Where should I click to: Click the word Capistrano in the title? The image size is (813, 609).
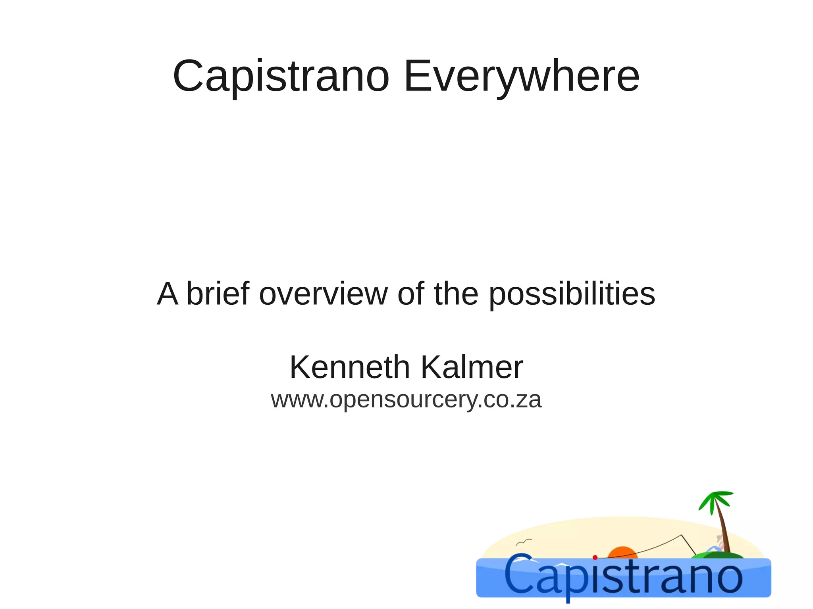click(x=281, y=76)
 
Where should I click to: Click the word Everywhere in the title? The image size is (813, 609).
click(x=521, y=76)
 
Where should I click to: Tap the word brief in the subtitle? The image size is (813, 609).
click(x=218, y=294)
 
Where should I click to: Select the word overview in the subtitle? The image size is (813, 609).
click(x=324, y=294)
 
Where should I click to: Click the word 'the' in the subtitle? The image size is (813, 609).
click(x=456, y=294)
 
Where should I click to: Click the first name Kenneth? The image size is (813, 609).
click(x=349, y=367)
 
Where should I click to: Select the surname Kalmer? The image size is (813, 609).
click(x=472, y=367)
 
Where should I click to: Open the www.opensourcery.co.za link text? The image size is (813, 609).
click(x=406, y=399)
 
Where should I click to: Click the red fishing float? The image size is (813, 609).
click(x=595, y=557)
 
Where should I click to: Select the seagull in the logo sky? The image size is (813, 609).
click(x=524, y=542)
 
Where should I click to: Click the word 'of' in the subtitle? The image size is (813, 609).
click(x=410, y=294)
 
